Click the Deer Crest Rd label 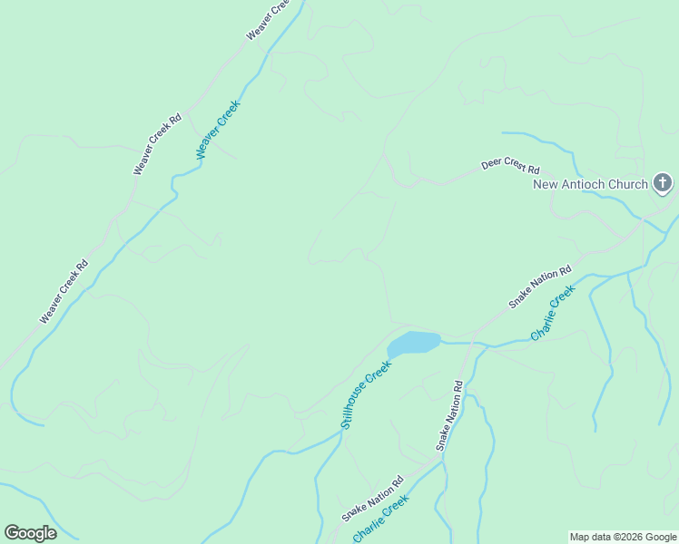pos(510,168)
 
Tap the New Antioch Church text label pos(590,184)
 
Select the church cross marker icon pos(663,184)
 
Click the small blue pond pos(414,343)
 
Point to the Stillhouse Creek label pos(366,394)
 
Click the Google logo pos(30,533)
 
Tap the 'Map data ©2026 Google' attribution pos(624,537)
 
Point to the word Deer pos(491,166)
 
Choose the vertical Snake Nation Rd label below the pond pos(449,416)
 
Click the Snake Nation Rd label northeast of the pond pos(539,287)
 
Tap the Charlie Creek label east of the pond pos(553,313)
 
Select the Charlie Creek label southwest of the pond pos(381,524)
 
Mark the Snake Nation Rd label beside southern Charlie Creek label pos(372,500)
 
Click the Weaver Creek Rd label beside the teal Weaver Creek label pos(158,144)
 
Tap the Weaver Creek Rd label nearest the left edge pos(64,292)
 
